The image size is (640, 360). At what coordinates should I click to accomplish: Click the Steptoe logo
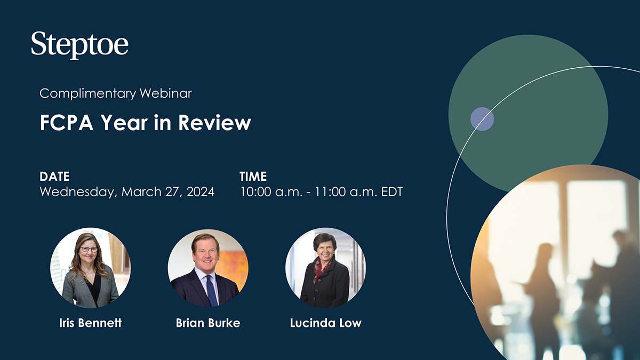[x=79, y=45]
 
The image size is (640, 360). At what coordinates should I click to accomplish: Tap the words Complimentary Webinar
[x=116, y=93]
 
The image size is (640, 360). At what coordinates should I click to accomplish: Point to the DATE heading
[x=54, y=177]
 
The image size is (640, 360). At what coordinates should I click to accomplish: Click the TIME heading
[x=253, y=177]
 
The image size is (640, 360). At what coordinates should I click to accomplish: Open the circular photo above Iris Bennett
[x=90, y=268]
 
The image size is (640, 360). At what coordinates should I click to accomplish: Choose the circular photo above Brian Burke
[x=208, y=268]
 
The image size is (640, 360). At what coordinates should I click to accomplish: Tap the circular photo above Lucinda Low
[x=325, y=268]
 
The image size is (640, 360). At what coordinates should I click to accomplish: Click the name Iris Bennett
[x=90, y=323]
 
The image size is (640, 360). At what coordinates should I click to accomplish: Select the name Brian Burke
[x=207, y=323]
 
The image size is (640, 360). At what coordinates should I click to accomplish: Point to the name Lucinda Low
[x=325, y=323]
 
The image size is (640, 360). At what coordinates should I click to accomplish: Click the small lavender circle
[x=482, y=119]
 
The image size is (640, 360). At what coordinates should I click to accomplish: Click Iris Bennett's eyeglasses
[x=89, y=249]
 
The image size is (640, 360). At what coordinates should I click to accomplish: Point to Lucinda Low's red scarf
[x=321, y=267]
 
